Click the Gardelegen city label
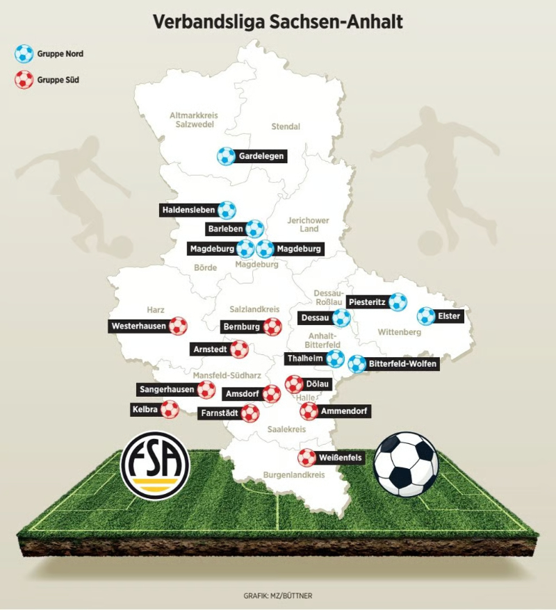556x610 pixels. (261, 156)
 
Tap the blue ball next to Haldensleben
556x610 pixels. (227, 210)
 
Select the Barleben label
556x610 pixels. (224, 229)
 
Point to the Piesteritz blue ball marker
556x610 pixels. (398, 302)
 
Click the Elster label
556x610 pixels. (449, 317)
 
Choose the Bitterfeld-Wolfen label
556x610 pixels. (403, 364)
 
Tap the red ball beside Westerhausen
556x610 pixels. (179, 325)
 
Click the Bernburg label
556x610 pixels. (240, 327)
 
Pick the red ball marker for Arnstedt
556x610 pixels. (239, 349)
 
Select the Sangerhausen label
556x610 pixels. (166, 390)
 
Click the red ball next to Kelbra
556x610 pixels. (170, 409)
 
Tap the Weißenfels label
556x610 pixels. (340, 459)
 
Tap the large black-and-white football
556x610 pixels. (406, 464)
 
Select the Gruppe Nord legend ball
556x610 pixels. (24, 53)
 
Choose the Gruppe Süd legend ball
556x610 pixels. (24, 79)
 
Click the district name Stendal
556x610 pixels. (286, 126)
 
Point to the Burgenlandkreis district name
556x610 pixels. (294, 475)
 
